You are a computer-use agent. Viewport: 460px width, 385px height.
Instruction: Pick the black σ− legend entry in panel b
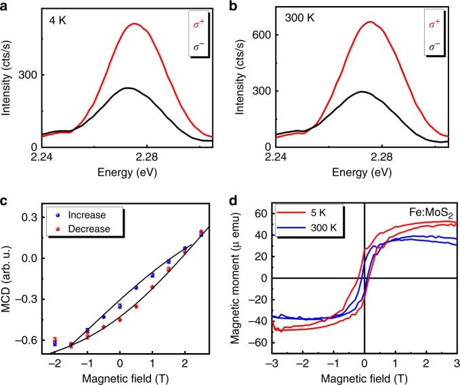[x=430, y=47]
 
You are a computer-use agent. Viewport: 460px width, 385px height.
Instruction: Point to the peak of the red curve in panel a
[x=135, y=24]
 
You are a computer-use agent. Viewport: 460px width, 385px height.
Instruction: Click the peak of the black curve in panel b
[x=362, y=92]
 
